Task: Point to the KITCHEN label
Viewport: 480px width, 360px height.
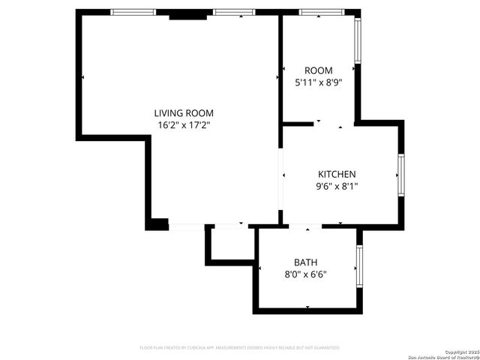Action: (337, 174)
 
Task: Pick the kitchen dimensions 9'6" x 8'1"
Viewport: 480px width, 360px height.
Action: (337, 187)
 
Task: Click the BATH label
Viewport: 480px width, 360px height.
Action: (305, 262)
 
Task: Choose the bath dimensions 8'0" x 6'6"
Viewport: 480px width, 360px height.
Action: (305, 274)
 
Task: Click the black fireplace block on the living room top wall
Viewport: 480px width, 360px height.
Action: (187, 15)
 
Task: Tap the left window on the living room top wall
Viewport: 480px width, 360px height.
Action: (133, 12)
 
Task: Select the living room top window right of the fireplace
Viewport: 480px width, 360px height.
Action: (233, 12)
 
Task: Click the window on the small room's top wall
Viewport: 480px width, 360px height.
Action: (321, 12)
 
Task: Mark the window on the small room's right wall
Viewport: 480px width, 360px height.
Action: (358, 41)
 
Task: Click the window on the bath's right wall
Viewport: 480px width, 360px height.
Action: (360, 268)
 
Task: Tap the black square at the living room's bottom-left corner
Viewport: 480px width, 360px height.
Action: (157, 223)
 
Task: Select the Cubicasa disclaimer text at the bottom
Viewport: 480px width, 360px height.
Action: (240, 348)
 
